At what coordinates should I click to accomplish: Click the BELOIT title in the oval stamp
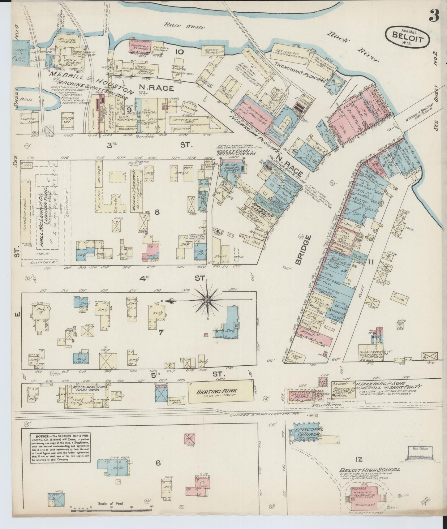point(407,35)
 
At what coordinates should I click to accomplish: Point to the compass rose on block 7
point(207,299)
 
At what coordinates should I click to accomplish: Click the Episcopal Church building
point(305,432)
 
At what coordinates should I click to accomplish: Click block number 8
point(157,212)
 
